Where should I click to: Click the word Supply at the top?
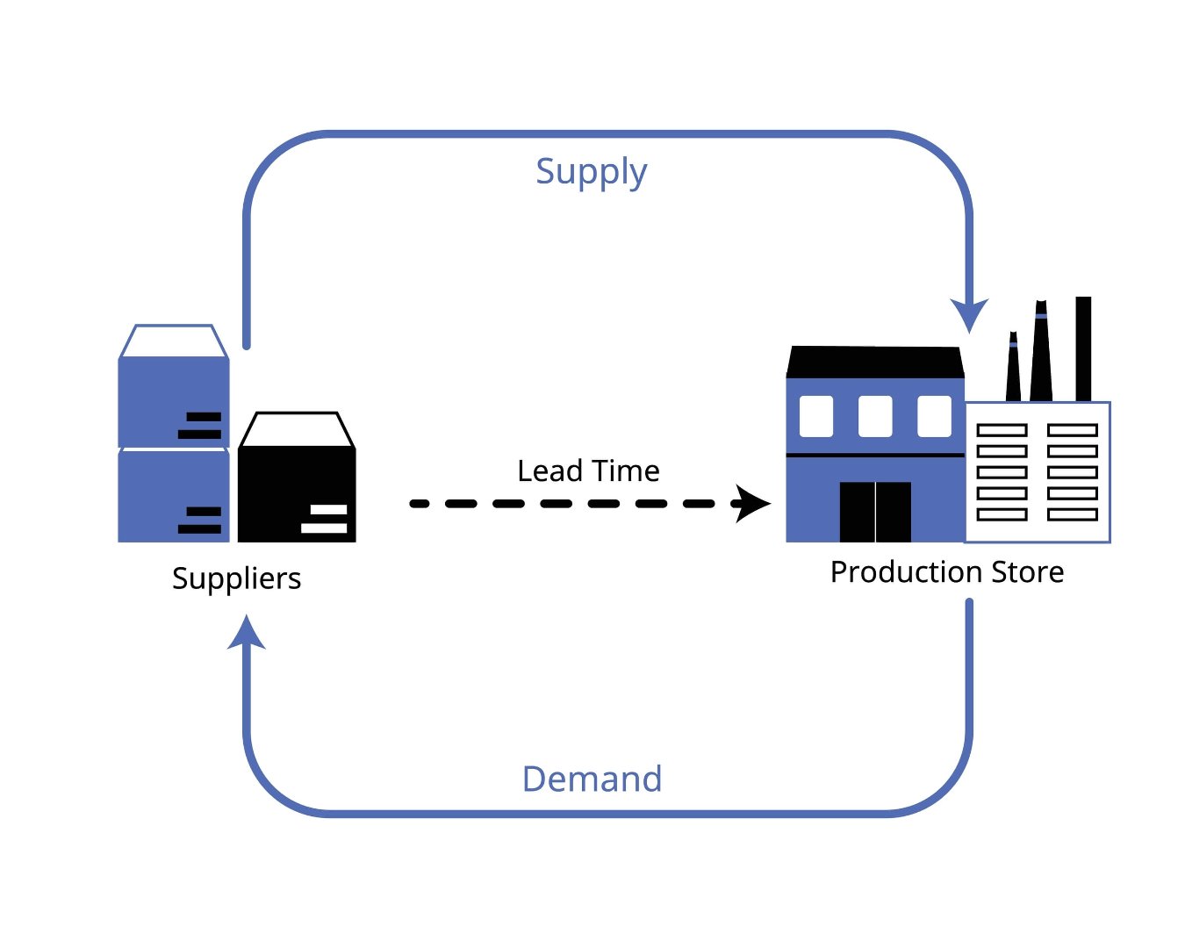pyautogui.click(x=591, y=173)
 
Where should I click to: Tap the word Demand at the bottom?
pyautogui.click(x=592, y=779)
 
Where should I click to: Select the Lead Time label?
pyautogui.click(x=588, y=471)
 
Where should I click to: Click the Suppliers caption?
pyautogui.click(x=236, y=578)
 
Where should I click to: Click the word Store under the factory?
pyautogui.click(x=1027, y=572)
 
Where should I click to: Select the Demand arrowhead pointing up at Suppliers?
pyautogui.click(x=247, y=632)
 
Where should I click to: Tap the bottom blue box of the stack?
pyautogui.click(x=173, y=496)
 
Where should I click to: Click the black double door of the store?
pyautogui.click(x=875, y=512)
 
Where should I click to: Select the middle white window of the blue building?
pyautogui.click(x=875, y=416)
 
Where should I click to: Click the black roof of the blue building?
pyautogui.click(x=875, y=362)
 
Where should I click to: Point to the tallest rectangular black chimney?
pyautogui.click(x=1083, y=348)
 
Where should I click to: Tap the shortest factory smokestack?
pyautogui.click(x=1013, y=369)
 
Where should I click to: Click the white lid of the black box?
pyautogui.click(x=296, y=430)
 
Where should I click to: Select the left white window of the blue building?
pyautogui.click(x=816, y=416)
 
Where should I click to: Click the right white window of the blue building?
pyautogui.click(x=934, y=416)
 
